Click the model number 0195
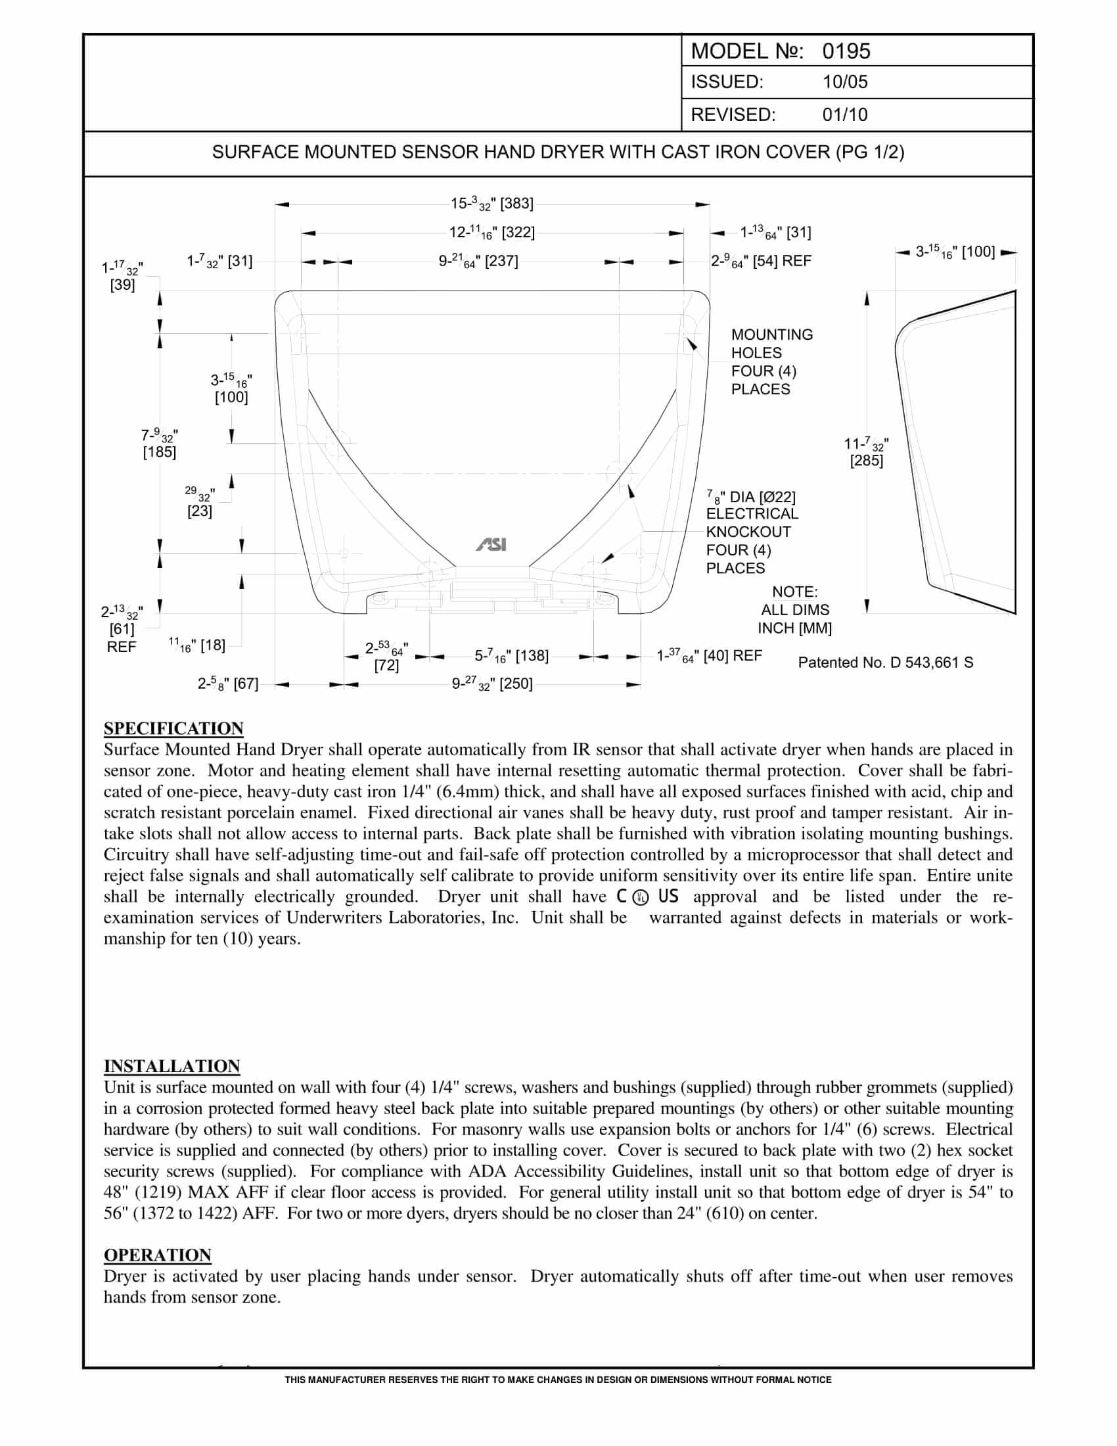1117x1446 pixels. pyautogui.click(x=846, y=51)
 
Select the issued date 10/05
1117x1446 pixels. pyautogui.click(x=844, y=82)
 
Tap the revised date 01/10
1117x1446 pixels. pyautogui.click(x=844, y=114)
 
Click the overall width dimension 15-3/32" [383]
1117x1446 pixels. pyautogui.click(x=491, y=204)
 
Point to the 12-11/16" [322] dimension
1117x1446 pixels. pyautogui.click(x=491, y=233)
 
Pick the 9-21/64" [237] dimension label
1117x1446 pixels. pyautogui.click(x=478, y=262)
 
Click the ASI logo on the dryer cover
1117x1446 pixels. pyautogui.click(x=491, y=545)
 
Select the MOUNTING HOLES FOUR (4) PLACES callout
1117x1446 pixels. pyautogui.click(x=771, y=361)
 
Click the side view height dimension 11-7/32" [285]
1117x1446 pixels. pyautogui.click(x=866, y=452)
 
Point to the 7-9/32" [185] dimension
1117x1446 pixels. pyautogui.click(x=160, y=444)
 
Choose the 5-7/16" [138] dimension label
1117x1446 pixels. pyautogui.click(x=511, y=656)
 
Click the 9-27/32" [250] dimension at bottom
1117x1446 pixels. pyautogui.click(x=491, y=684)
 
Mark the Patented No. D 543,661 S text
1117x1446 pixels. pyautogui.click(x=886, y=663)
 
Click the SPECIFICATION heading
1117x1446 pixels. pyautogui.click(x=173, y=728)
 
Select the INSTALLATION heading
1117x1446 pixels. pyautogui.click(x=172, y=1066)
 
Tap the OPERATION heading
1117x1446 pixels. pyautogui.click(x=158, y=1255)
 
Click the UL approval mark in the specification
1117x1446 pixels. pyautogui.click(x=640, y=897)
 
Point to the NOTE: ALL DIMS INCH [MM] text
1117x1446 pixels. pyautogui.click(x=794, y=610)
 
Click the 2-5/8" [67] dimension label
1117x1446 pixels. pyautogui.click(x=227, y=684)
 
